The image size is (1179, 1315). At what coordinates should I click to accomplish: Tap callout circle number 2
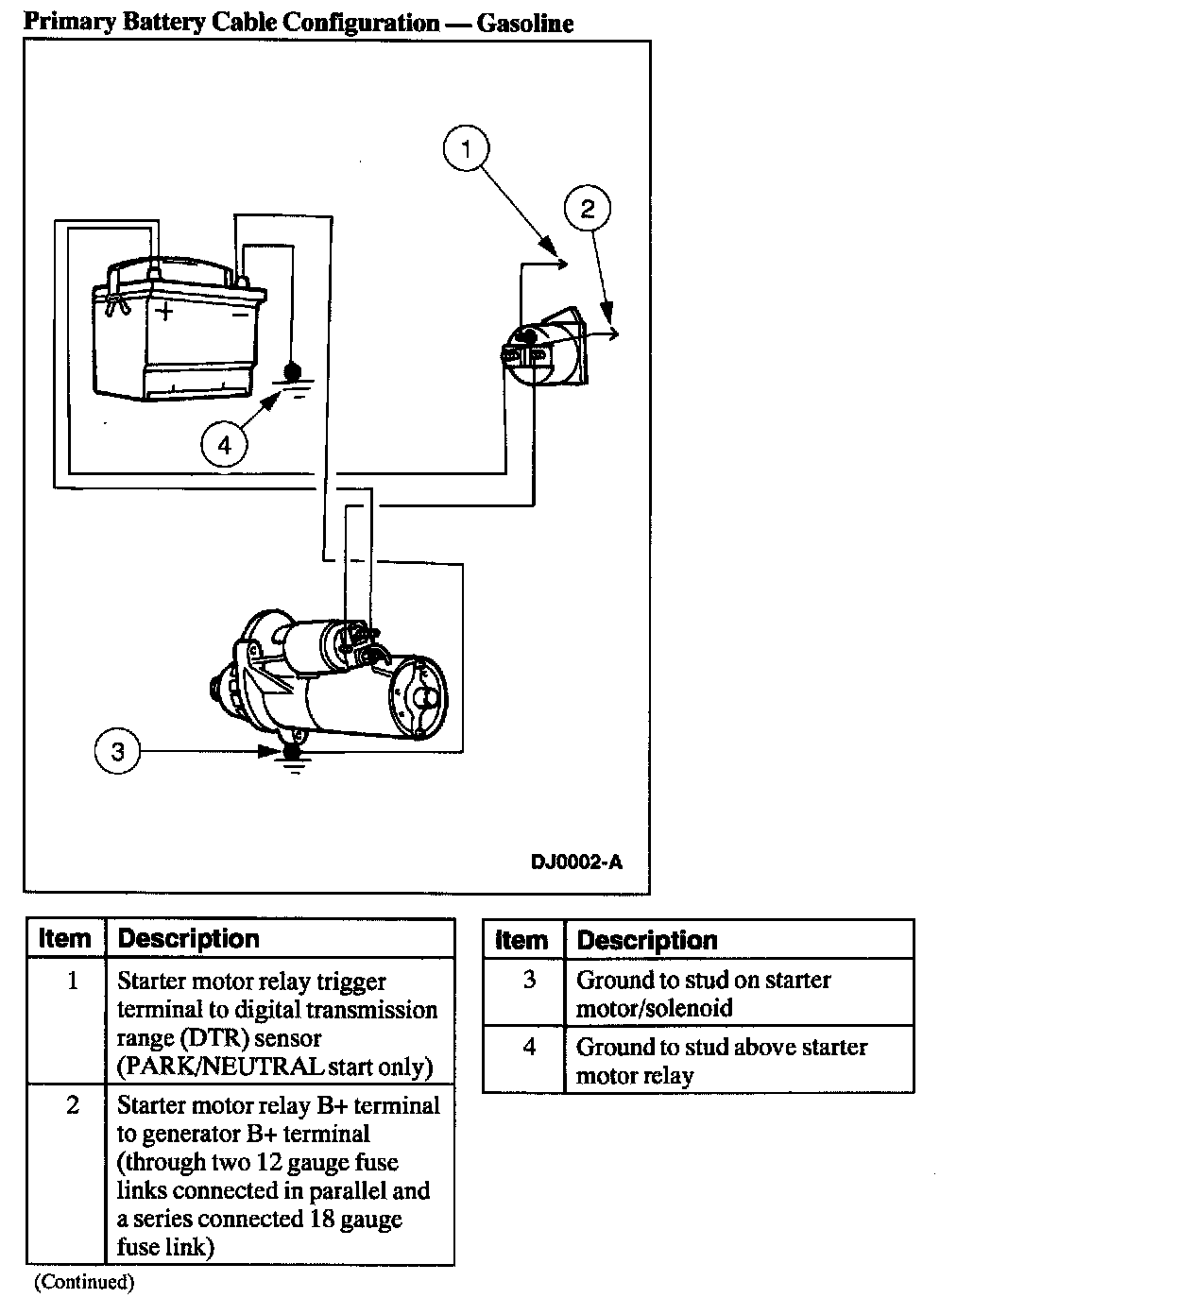coord(588,209)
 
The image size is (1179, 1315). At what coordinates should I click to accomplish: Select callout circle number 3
coord(117,752)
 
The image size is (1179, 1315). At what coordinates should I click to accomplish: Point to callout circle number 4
coord(224,444)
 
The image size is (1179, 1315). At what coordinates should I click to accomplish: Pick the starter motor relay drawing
coord(546,349)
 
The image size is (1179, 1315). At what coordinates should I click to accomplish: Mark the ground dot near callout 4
coord(292,370)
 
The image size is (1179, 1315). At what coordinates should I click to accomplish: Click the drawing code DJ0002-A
coord(576,862)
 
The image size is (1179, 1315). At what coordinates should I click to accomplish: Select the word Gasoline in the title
coord(524,23)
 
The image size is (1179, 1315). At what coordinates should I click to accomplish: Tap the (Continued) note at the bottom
coord(85,1282)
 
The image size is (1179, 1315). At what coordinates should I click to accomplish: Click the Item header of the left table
coord(64,939)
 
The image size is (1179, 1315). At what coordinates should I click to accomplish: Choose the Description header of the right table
coord(647,941)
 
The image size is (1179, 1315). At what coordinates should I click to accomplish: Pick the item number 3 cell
coord(529,981)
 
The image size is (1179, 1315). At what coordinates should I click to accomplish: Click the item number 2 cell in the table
coord(73,1105)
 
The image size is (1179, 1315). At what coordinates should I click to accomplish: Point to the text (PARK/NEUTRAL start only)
coord(275,1067)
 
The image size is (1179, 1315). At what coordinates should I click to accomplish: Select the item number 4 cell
coord(529,1048)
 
